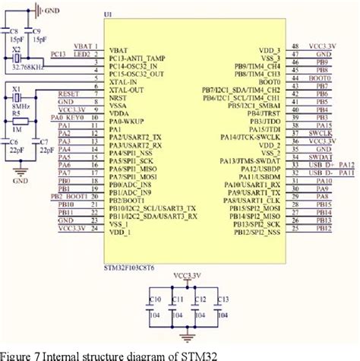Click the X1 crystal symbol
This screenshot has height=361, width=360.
click(17, 100)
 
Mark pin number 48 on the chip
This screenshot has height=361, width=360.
click(294, 45)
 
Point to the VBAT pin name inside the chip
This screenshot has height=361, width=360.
click(119, 48)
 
